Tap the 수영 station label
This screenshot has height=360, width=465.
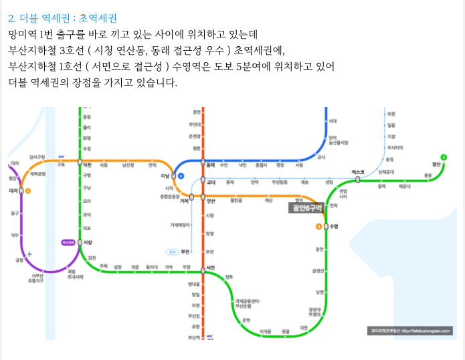click(x=335, y=226)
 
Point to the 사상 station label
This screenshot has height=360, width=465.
click(x=88, y=242)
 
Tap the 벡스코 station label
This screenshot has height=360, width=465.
click(x=358, y=173)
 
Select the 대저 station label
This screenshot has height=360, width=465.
click(x=13, y=191)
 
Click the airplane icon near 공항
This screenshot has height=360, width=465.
click(x=31, y=254)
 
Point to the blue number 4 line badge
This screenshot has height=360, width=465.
click(x=181, y=175)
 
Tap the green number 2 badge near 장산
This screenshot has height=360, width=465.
click(x=444, y=157)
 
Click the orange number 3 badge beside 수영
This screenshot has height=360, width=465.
click(x=318, y=226)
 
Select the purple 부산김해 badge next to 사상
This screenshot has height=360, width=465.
click(x=68, y=242)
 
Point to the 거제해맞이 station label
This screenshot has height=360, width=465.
click(x=180, y=225)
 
